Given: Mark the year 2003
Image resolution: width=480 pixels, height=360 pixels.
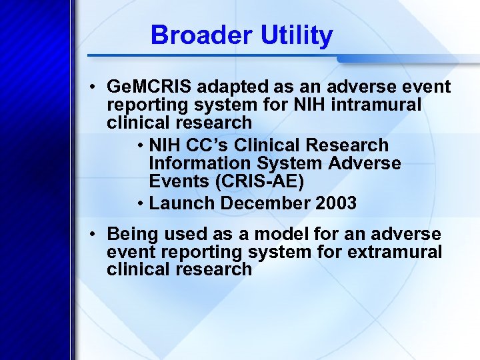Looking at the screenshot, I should (x=335, y=203).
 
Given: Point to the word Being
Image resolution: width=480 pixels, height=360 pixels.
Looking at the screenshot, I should (x=133, y=234).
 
